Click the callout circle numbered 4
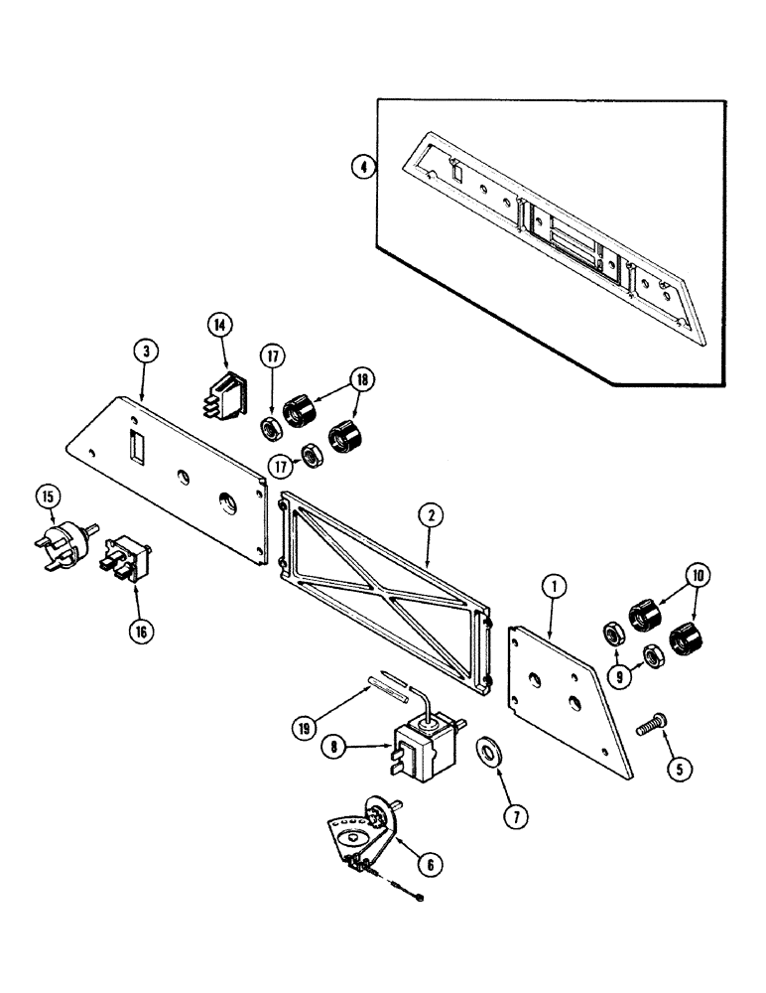(x=364, y=167)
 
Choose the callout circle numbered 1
(x=553, y=587)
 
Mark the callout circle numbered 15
(x=48, y=496)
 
